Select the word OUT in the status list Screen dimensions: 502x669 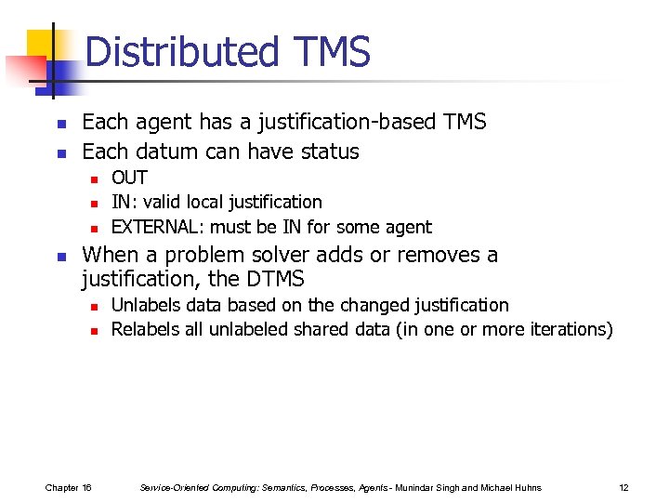tap(129, 178)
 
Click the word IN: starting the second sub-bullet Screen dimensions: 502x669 tap(123, 202)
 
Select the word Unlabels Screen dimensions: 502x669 tap(146, 305)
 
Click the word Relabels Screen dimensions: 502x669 tap(146, 329)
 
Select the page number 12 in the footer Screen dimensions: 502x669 tap(623, 487)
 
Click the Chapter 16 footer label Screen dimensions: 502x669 tap(68, 487)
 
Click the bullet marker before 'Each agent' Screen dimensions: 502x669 tap(59, 124)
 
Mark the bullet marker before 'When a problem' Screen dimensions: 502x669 tap(59, 257)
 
